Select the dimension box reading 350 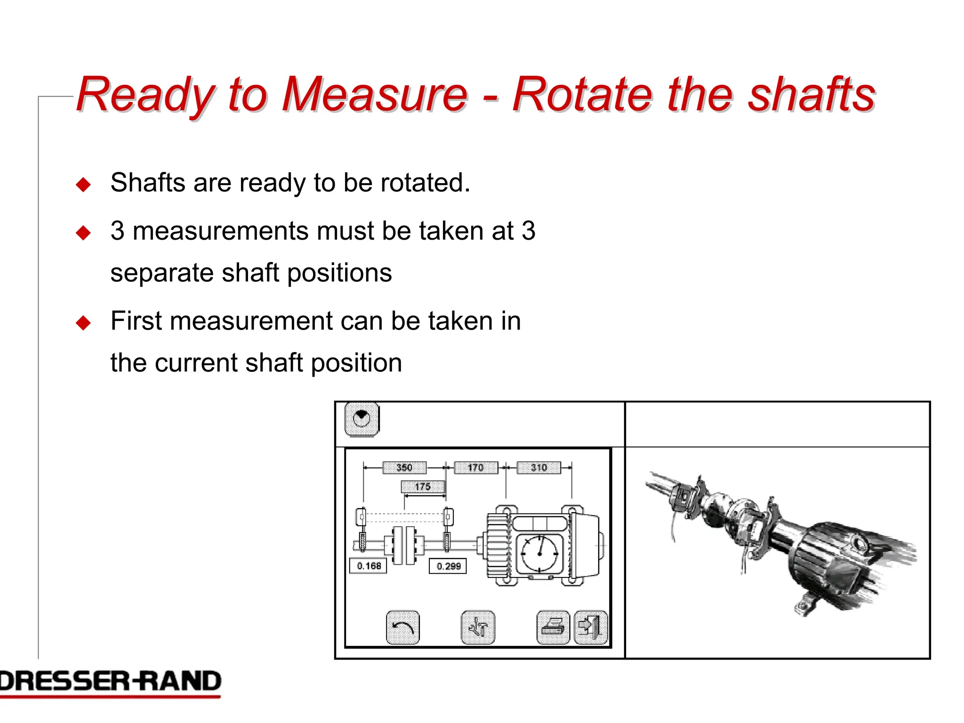point(404,467)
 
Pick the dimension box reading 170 point(475,467)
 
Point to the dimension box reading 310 point(538,467)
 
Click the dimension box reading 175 point(423,487)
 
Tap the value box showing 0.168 point(369,566)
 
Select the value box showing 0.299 point(448,566)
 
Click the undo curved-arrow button point(402,627)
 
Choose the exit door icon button point(591,627)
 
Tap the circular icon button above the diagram point(361,418)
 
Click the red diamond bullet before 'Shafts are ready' point(83,185)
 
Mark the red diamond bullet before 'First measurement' point(83,323)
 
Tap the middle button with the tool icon point(478,627)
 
